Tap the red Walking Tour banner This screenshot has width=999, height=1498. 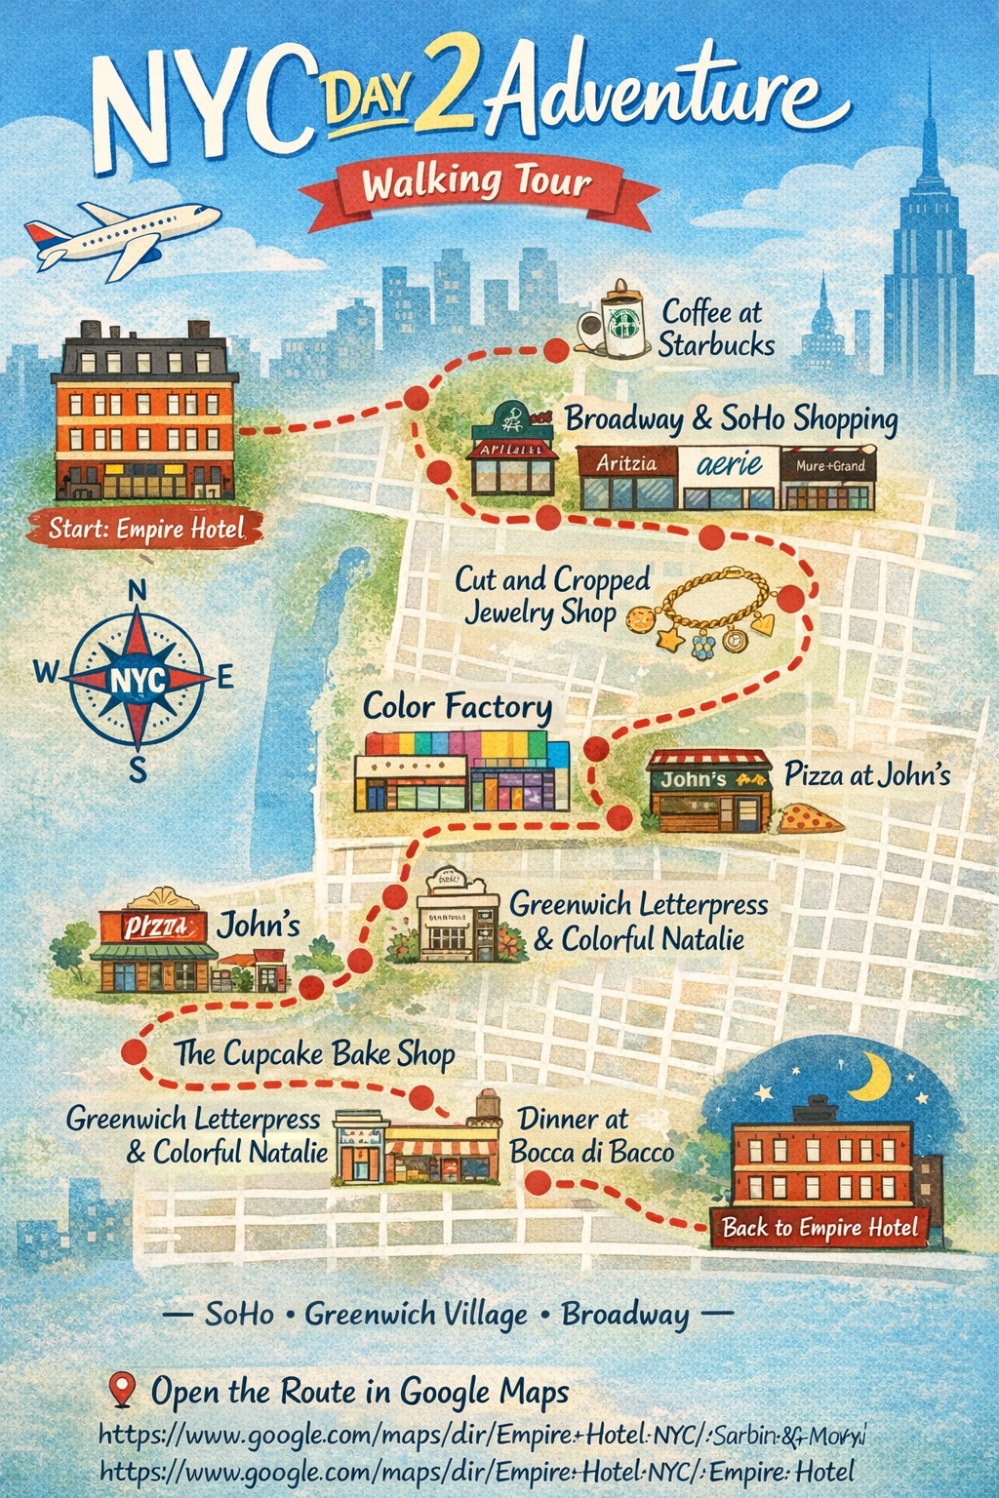point(477,183)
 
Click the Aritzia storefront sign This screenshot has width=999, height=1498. point(626,463)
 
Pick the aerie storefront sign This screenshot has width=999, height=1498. point(729,463)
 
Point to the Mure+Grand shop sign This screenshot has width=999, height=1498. point(830,466)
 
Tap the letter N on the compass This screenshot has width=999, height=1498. point(138,590)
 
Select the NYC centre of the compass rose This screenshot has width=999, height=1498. point(139,679)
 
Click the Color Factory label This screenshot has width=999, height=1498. point(458,706)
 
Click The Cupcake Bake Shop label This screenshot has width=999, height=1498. point(314,1053)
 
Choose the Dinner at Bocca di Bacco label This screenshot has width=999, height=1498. point(591,1135)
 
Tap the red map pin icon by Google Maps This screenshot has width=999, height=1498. point(122,1389)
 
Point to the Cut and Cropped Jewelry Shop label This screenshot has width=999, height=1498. point(549,596)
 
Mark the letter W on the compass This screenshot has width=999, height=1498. point(46,671)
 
